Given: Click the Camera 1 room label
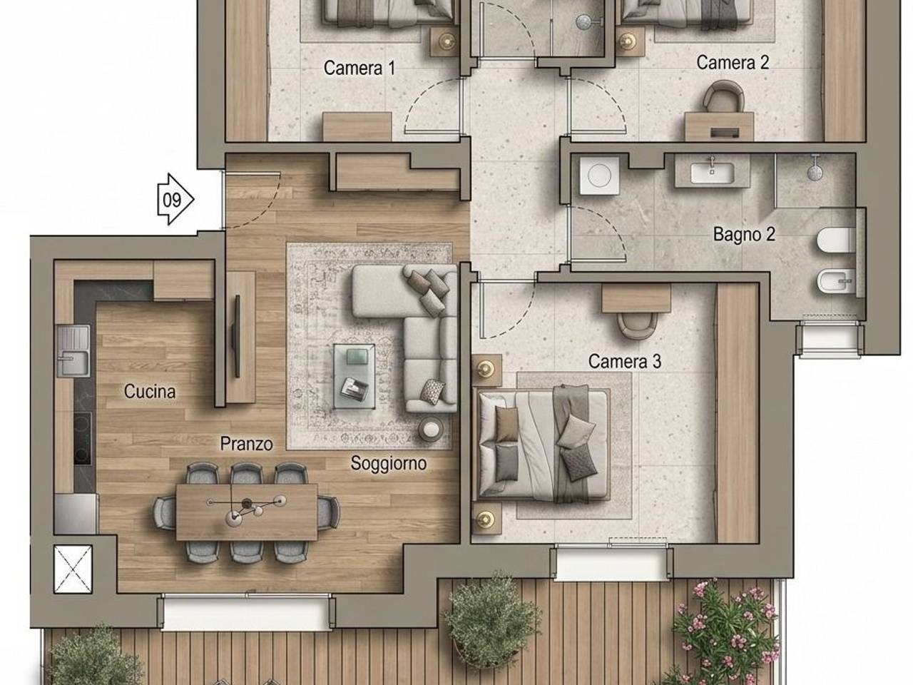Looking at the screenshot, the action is [359, 68].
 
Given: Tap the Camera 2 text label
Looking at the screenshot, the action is [733, 63].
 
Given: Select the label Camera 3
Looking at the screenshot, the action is [624, 362].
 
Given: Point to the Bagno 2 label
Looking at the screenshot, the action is [744, 234].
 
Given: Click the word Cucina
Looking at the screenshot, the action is [150, 391].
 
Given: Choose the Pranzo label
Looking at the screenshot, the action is [246, 444].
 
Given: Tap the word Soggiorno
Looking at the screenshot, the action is [389, 463].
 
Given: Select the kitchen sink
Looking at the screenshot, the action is [73, 352].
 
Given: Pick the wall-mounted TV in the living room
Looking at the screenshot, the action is [237, 336].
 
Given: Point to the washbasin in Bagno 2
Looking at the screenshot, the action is [712, 173].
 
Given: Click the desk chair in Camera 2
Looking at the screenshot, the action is [723, 96].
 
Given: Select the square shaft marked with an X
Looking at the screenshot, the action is [73, 569].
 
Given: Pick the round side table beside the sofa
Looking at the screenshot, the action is [431, 430].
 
